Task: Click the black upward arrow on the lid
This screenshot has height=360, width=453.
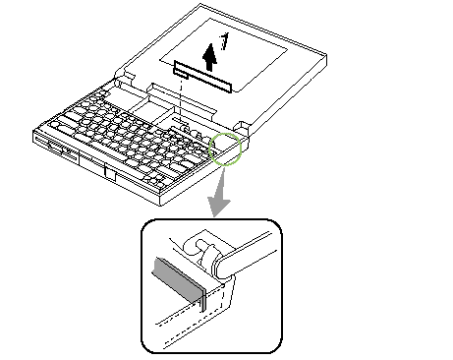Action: [x=209, y=57]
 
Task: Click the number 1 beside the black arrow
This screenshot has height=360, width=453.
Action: [x=224, y=41]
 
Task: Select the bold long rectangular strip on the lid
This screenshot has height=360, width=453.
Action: [x=203, y=77]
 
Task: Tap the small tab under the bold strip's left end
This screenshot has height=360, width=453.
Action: [x=181, y=74]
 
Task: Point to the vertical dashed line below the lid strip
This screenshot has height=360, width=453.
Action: [x=181, y=102]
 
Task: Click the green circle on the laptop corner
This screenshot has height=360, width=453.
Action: [x=225, y=149]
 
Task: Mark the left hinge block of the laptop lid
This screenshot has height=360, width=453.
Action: [x=125, y=77]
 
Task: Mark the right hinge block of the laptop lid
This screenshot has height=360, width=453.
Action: [x=243, y=128]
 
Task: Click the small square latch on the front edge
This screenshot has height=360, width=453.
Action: [x=110, y=173]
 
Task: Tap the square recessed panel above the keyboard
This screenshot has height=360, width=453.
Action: [x=149, y=109]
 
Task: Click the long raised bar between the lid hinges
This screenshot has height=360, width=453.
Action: [x=182, y=100]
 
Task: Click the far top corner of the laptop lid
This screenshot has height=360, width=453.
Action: [x=200, y=4]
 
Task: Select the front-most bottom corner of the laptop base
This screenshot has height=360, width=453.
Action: [x=160, y=206]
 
